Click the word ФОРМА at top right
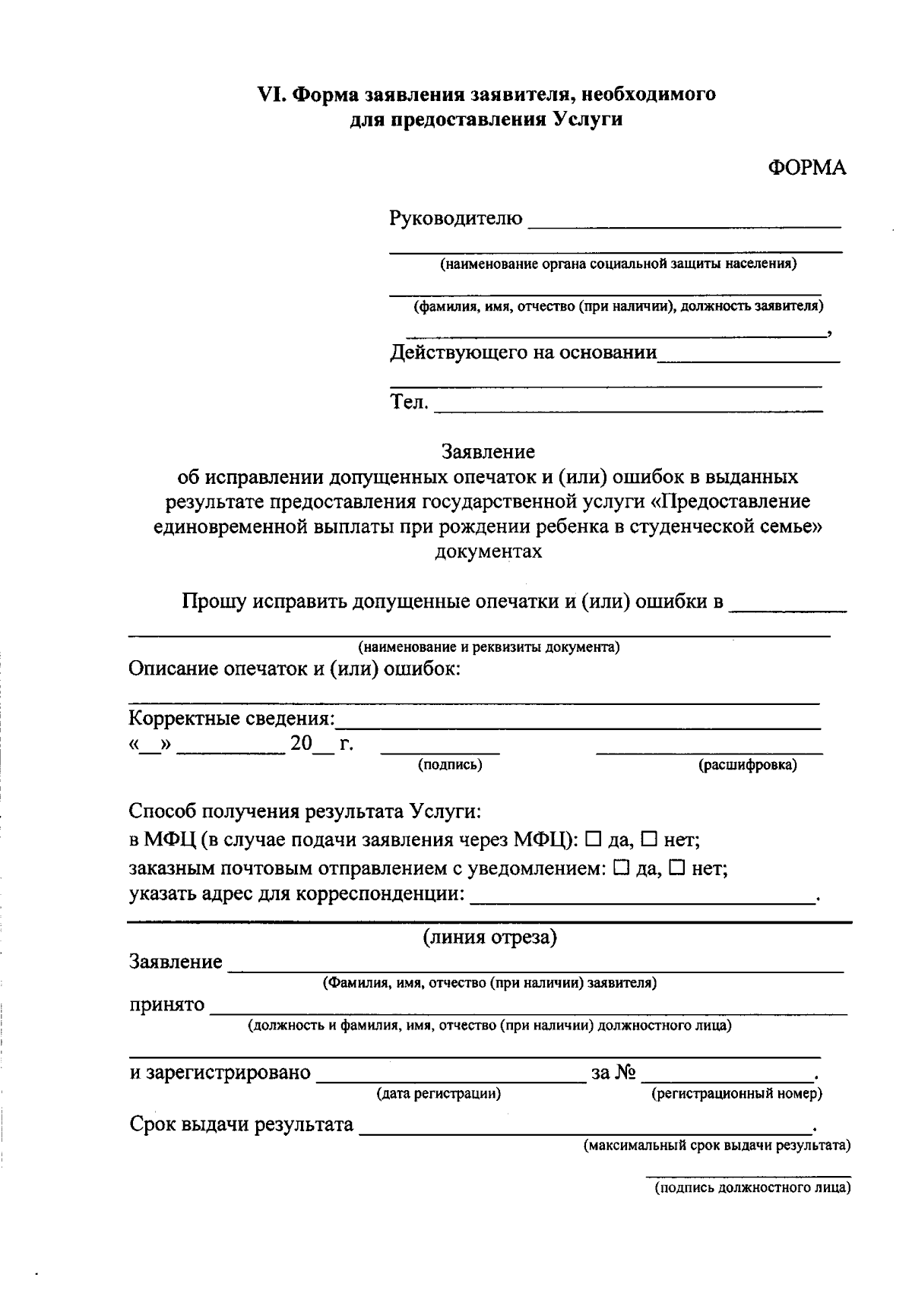tap(806, 168)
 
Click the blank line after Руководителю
tap(684, 220)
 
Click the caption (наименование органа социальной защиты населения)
tap(616, 264)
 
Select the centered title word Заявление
tap(488, 452)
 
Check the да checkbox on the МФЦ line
tap(594, 839)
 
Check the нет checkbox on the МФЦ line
tap(649, 839)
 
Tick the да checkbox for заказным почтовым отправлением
tap(620, 867)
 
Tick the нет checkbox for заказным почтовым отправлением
tap(676, 867)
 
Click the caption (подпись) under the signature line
tap(450, 765)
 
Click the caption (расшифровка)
tap(747, 765)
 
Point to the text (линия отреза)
tap(489, 937)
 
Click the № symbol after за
tap(625, 1072)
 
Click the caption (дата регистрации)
tap(439, 1094)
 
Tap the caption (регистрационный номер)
tap(736, 1094)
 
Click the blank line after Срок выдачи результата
tap(585, 1125)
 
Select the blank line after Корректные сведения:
tap(578, 720)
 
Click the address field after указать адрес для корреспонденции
tap(642, 895)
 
